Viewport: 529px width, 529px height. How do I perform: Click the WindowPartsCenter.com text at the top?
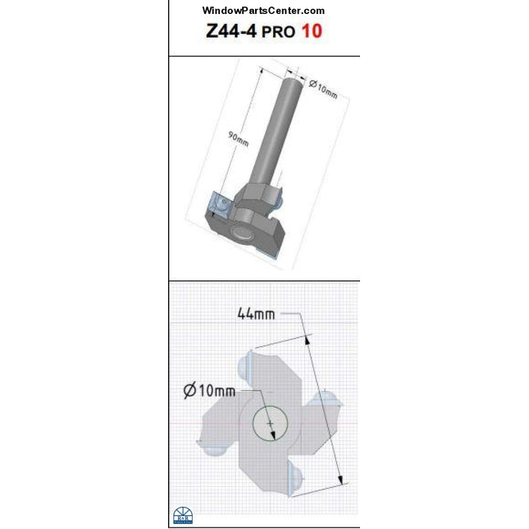(x=263, y=11)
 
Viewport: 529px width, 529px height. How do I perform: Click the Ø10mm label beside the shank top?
(x=323, y=87)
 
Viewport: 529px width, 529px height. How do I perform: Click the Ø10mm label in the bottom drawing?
(x=210, y=390)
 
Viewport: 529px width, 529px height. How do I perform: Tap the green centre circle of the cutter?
(x=270, y=423)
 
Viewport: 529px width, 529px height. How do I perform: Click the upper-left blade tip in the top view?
(x=249, y=363)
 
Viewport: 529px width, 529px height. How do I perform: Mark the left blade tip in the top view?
(x=211, y=445)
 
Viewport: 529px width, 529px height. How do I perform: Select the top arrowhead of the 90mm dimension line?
(x=262, y=71)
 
